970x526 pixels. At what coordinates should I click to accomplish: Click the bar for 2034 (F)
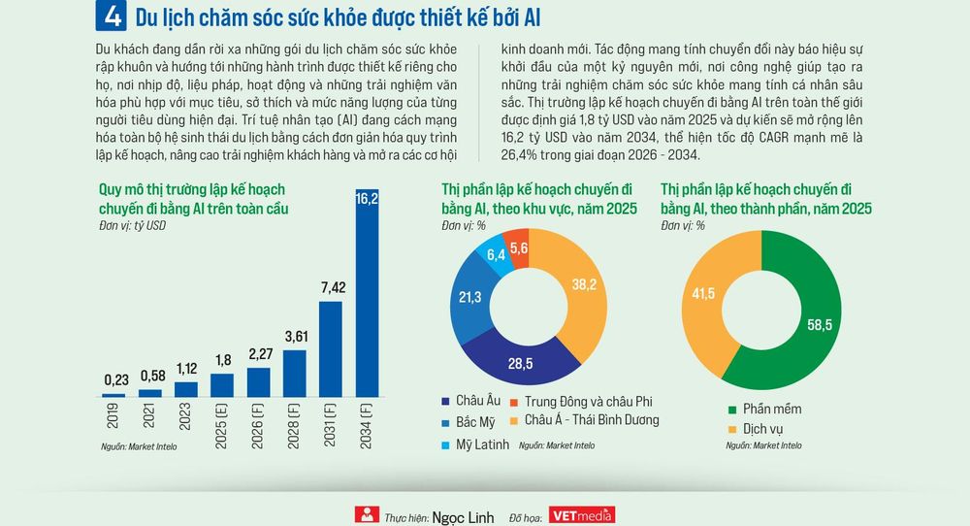(x=367, y=293)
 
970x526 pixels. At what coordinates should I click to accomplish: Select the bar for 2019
(x=113, y=395)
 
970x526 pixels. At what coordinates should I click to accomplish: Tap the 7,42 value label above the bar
(x=334, y=287)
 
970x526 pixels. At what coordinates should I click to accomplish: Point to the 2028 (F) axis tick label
(x=294, y=426)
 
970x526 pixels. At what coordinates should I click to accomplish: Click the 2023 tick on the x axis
(x=185, y=416)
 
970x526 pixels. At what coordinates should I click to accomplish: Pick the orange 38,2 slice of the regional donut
(x=578, y=291)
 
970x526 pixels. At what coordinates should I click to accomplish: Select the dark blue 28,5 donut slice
(x=520, y=358)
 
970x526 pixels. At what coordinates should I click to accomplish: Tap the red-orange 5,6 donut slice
(x=517, y=247)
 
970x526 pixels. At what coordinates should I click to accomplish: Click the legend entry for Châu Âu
(x=470, y=401)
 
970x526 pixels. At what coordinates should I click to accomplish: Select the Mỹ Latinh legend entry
(x=475, y=444)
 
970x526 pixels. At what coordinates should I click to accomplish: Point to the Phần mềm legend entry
(x=765, y=409)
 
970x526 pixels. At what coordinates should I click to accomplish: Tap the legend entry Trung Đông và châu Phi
(x=581, y=402)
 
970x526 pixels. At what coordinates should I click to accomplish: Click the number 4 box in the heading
(x=112, y=16)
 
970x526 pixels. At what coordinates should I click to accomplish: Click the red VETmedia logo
(x=581, y=515)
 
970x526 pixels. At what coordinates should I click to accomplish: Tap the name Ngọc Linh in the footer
(x=463, y=517)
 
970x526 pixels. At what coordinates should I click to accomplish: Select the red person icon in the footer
(x=367, y=514)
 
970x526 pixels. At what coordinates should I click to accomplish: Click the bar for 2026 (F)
(x=259, y=382)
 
